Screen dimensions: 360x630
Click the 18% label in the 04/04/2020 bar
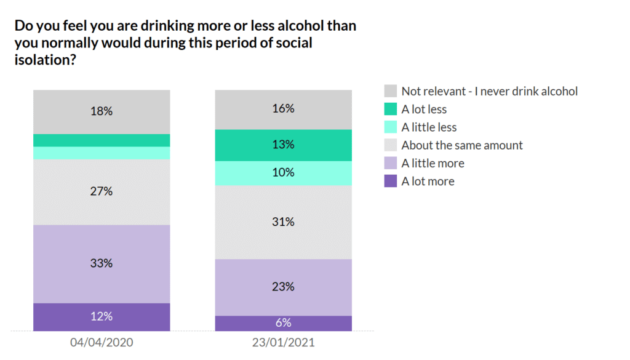click(102, 111)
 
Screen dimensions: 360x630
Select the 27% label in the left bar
click(102, 191)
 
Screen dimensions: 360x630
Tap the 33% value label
click(102, 263)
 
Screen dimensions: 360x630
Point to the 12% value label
click(102, 316)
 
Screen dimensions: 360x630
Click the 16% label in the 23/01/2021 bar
click(283, 109)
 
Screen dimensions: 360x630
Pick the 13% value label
click(283, 145)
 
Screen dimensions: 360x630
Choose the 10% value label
click(283, 173)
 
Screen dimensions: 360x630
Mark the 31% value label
click(283, 222)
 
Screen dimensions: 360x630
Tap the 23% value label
click(283, 287)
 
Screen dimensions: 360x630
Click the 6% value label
click(283, 322)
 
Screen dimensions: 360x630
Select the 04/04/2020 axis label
click(102, 342)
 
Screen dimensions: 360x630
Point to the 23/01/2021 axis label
click(283, 342)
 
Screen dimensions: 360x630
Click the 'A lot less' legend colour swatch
click(390, 110)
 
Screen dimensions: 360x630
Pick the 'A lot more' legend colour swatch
click(390, 181)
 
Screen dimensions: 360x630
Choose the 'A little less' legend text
click(429, 127)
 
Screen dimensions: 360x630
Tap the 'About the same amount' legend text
click(462, 145)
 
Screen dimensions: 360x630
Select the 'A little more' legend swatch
click(390, 163)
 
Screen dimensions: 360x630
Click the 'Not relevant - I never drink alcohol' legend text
click(490, 91)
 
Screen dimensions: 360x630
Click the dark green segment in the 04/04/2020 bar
click(102, 140)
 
